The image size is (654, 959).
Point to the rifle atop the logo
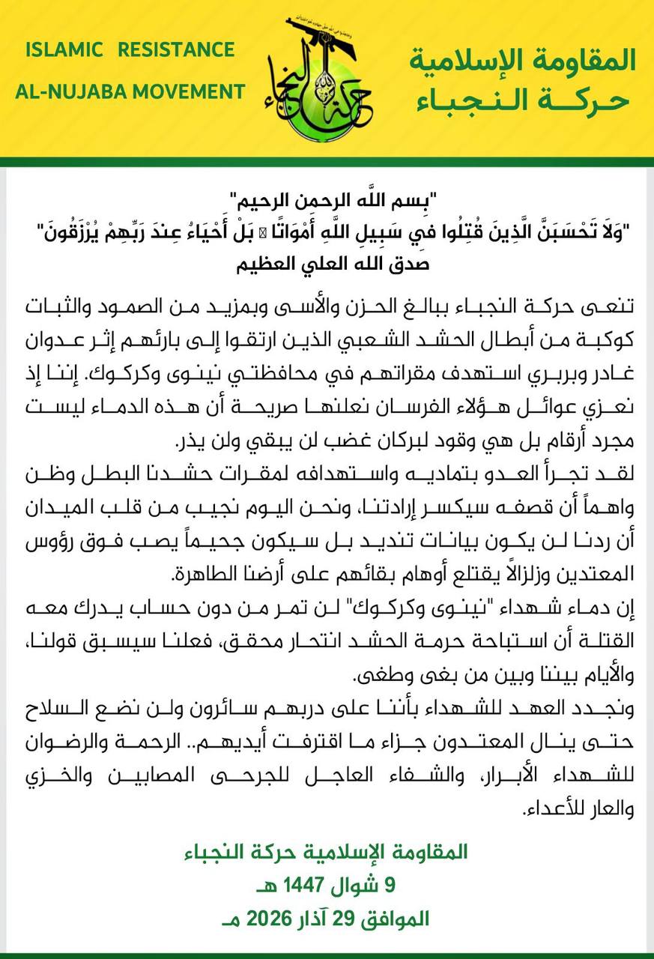tap(307, 41)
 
